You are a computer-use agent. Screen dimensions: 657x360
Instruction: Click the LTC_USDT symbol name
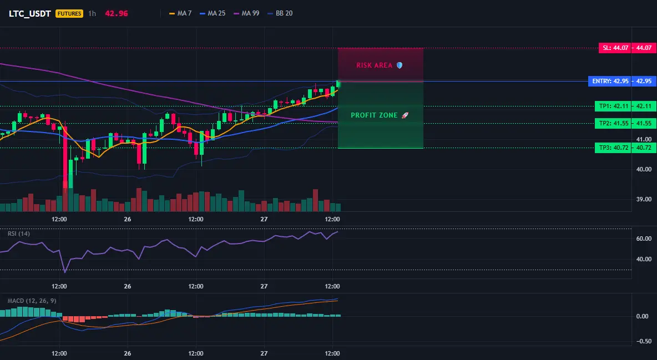coord(30,13)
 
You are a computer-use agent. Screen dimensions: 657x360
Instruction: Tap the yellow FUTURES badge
coord(69,13)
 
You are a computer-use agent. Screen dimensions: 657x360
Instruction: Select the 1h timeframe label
coord(92,13)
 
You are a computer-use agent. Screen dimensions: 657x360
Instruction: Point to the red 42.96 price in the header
coord(117,13)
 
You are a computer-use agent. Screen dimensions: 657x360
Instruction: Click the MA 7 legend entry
coord(180,13)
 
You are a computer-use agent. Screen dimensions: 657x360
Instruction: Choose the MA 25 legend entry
coord(213,13)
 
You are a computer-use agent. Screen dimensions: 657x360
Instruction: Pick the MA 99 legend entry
coord(246,13)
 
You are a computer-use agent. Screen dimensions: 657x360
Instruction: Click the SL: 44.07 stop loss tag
coord(615,48)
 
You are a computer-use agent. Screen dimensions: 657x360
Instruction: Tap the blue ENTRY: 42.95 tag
coord(610,81)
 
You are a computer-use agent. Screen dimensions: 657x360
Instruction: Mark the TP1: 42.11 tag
coord(613,106)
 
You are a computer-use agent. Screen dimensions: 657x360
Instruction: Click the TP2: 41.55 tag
coord(613,123)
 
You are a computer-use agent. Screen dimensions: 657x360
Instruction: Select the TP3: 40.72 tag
coord(613,148)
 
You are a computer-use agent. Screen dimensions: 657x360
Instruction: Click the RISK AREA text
coord(374,65)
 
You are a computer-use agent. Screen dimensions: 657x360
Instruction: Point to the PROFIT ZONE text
coord(374,115)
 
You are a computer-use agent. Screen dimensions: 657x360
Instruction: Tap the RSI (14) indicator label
coord(19,234)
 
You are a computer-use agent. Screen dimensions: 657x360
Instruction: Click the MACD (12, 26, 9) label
coord(32,301)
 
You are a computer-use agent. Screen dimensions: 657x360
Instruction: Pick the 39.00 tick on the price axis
coord(644,199)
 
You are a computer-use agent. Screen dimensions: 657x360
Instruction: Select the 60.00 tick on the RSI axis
coord(644,239)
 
